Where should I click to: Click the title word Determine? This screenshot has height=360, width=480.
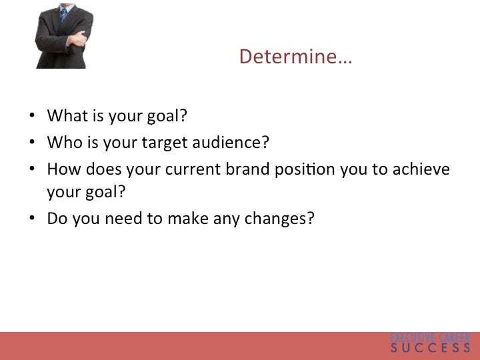click(x=295, y=57)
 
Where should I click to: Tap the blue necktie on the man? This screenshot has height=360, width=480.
click(x=63, y=15)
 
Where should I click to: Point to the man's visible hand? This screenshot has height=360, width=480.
click(x=77, y=39)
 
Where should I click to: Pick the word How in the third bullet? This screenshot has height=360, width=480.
click(x=64, y=169)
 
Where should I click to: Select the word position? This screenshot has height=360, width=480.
click(x=305, y=169)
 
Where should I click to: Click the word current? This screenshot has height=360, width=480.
click(x=193, y=169)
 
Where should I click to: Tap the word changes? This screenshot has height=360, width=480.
click(x=279, y=219)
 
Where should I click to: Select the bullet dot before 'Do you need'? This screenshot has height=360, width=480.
click(x=32, y=218)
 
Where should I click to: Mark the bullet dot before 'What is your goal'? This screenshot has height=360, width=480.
click(x=32, y=115)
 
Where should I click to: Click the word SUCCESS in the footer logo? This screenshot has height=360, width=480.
click(x=430, y=348)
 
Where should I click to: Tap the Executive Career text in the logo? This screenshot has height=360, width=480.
click(x=430, y=337)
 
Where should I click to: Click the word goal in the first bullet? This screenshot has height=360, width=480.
click(x=167, y=116)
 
